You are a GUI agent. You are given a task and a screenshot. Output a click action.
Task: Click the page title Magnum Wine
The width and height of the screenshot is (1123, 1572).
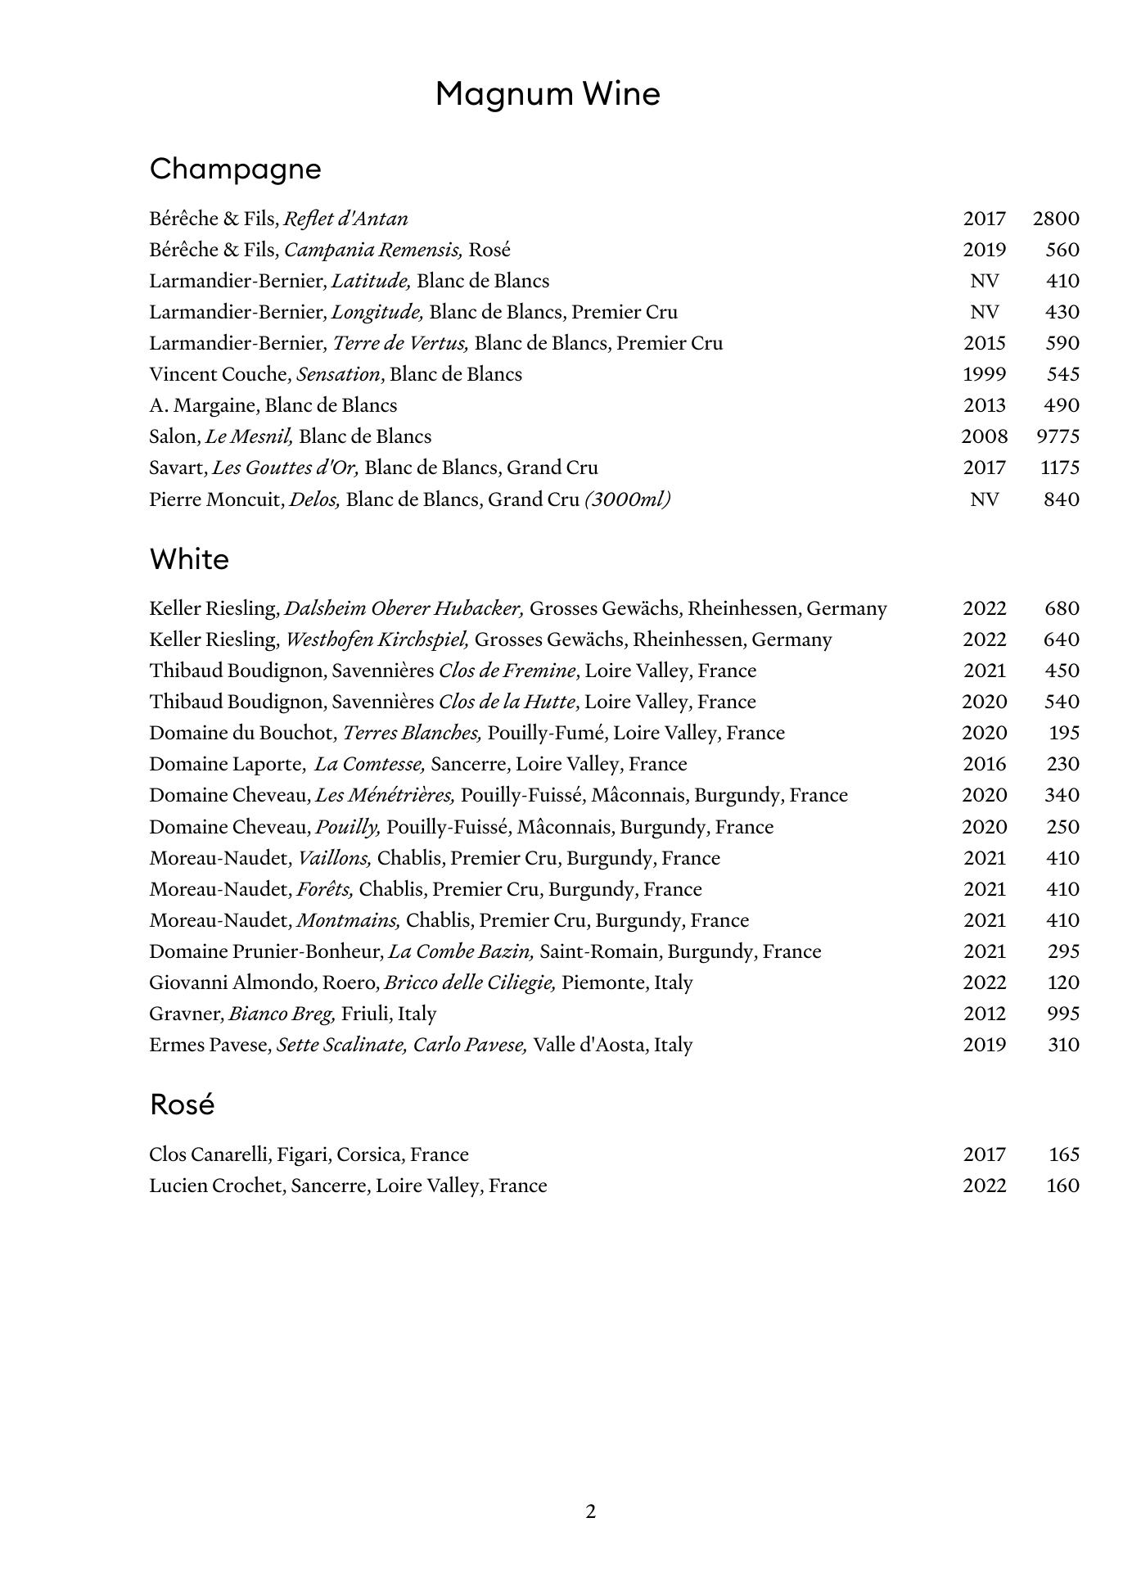[x=548, y=94]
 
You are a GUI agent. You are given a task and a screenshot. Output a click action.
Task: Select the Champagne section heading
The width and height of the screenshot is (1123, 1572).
[x=236, y=169]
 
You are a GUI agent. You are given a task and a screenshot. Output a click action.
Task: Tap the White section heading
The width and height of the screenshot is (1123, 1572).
[x=189, y=559]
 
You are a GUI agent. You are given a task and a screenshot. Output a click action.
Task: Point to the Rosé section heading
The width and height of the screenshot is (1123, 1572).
[x=182, y=1104]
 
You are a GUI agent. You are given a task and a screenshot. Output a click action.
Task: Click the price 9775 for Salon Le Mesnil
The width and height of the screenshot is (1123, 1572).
[x=1058, y=436]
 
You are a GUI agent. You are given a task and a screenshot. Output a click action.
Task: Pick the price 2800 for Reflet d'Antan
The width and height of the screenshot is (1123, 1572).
[x=1056, y=219]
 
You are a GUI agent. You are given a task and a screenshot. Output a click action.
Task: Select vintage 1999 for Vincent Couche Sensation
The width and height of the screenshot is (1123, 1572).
[x=984, y=374]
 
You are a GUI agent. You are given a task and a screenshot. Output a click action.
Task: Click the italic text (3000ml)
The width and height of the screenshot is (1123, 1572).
[x=628, y=499]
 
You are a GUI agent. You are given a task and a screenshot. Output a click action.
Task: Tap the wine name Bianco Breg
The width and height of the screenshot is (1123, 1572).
[x=282, y=1014]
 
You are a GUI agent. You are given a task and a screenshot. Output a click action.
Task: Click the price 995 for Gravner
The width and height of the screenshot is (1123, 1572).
[x=1062, y=1014]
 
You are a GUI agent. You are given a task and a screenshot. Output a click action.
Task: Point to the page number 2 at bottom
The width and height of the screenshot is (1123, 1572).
[x=591, y=1511]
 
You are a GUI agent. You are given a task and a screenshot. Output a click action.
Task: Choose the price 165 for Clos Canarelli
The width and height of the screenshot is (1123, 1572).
[x=1064, y=1154]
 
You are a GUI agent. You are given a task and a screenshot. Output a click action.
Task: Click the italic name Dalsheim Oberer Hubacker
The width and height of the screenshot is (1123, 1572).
[x=404, y=608]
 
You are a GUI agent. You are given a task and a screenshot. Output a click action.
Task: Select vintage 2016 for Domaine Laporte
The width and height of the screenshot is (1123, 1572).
[x=984, y=764]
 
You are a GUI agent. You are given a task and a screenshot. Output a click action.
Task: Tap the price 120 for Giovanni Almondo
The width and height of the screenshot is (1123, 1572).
[x=1062, y=982]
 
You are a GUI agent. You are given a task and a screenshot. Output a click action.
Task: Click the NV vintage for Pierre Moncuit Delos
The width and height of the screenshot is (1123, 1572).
[x=984, y=499]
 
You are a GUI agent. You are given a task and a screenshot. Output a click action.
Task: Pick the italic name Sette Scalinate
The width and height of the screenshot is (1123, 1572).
[x=341, y=1045]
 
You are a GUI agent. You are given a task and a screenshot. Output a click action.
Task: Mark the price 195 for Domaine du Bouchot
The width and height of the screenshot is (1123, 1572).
[x=1064, y=733]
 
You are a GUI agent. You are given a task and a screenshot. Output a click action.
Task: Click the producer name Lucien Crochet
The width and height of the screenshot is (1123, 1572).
[x=215, y=1186]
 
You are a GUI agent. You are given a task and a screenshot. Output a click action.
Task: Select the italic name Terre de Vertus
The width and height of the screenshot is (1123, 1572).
[x=400, y=343]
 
